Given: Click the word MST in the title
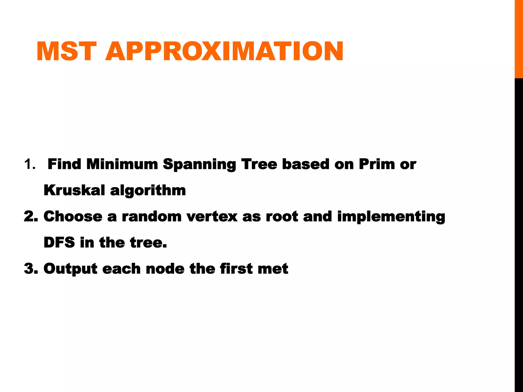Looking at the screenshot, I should tap(67, 52).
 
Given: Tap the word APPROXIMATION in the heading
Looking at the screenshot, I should tap(224, 52).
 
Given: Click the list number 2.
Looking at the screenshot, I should tap(31, 217).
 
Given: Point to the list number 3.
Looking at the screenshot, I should tap(31, 269).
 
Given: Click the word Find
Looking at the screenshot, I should tap(64, 164).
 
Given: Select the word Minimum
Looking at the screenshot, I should tap(122, 164).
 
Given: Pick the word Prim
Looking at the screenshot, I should tap(376, 164).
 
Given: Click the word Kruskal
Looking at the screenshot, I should tap(74, 190).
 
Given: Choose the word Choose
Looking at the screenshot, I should tap(73, 217).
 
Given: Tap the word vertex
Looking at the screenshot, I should tap(212, 217).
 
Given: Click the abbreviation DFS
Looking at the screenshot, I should tap(59, 242).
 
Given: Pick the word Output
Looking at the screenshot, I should tap(70, 269).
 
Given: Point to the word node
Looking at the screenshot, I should tap(165, 269).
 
